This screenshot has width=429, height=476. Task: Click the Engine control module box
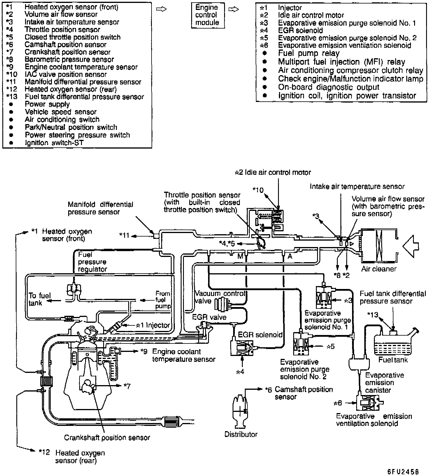(x=208, y=15)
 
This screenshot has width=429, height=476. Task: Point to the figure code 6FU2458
(x=403, y=471)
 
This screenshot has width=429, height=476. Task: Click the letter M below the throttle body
(x=240, y=256)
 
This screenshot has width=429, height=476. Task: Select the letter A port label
(x=290, y=256)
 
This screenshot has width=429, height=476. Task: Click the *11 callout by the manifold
(x=124, y=235)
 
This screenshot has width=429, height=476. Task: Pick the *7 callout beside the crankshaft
(x=127, y=386)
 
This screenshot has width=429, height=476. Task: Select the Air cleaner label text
(x=379, y=269)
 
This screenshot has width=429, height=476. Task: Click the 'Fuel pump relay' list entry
(x=309, y=53)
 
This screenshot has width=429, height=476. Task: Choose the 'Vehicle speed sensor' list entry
(x=61, y=112)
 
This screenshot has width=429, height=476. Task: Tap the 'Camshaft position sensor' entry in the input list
(x=66, y=45)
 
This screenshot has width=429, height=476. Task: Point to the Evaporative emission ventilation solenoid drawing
(x=369, y=403)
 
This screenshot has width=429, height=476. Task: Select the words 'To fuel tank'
(x=39, y=299)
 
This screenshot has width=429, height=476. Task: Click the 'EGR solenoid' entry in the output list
(x=300, y=30)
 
